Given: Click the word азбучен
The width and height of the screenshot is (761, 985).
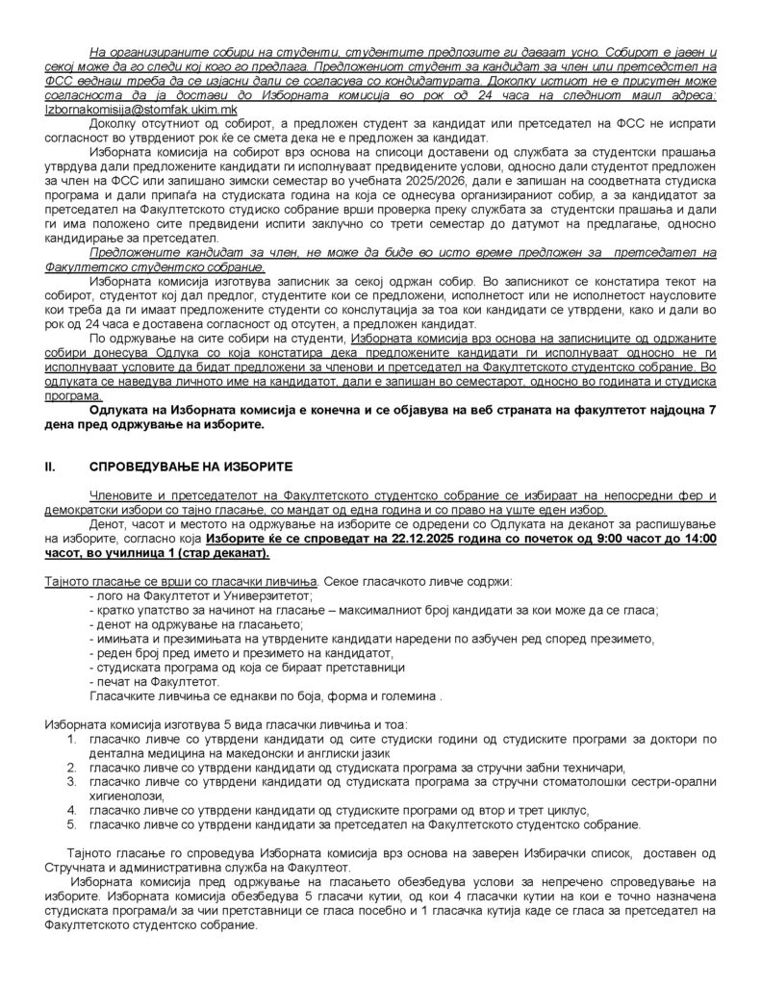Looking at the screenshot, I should click(x=491, y=639).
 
